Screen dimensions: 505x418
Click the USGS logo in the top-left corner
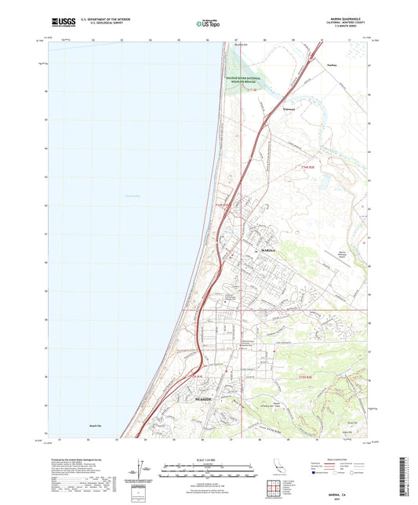coord(61,22)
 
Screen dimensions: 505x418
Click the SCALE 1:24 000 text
coord(209,460)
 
